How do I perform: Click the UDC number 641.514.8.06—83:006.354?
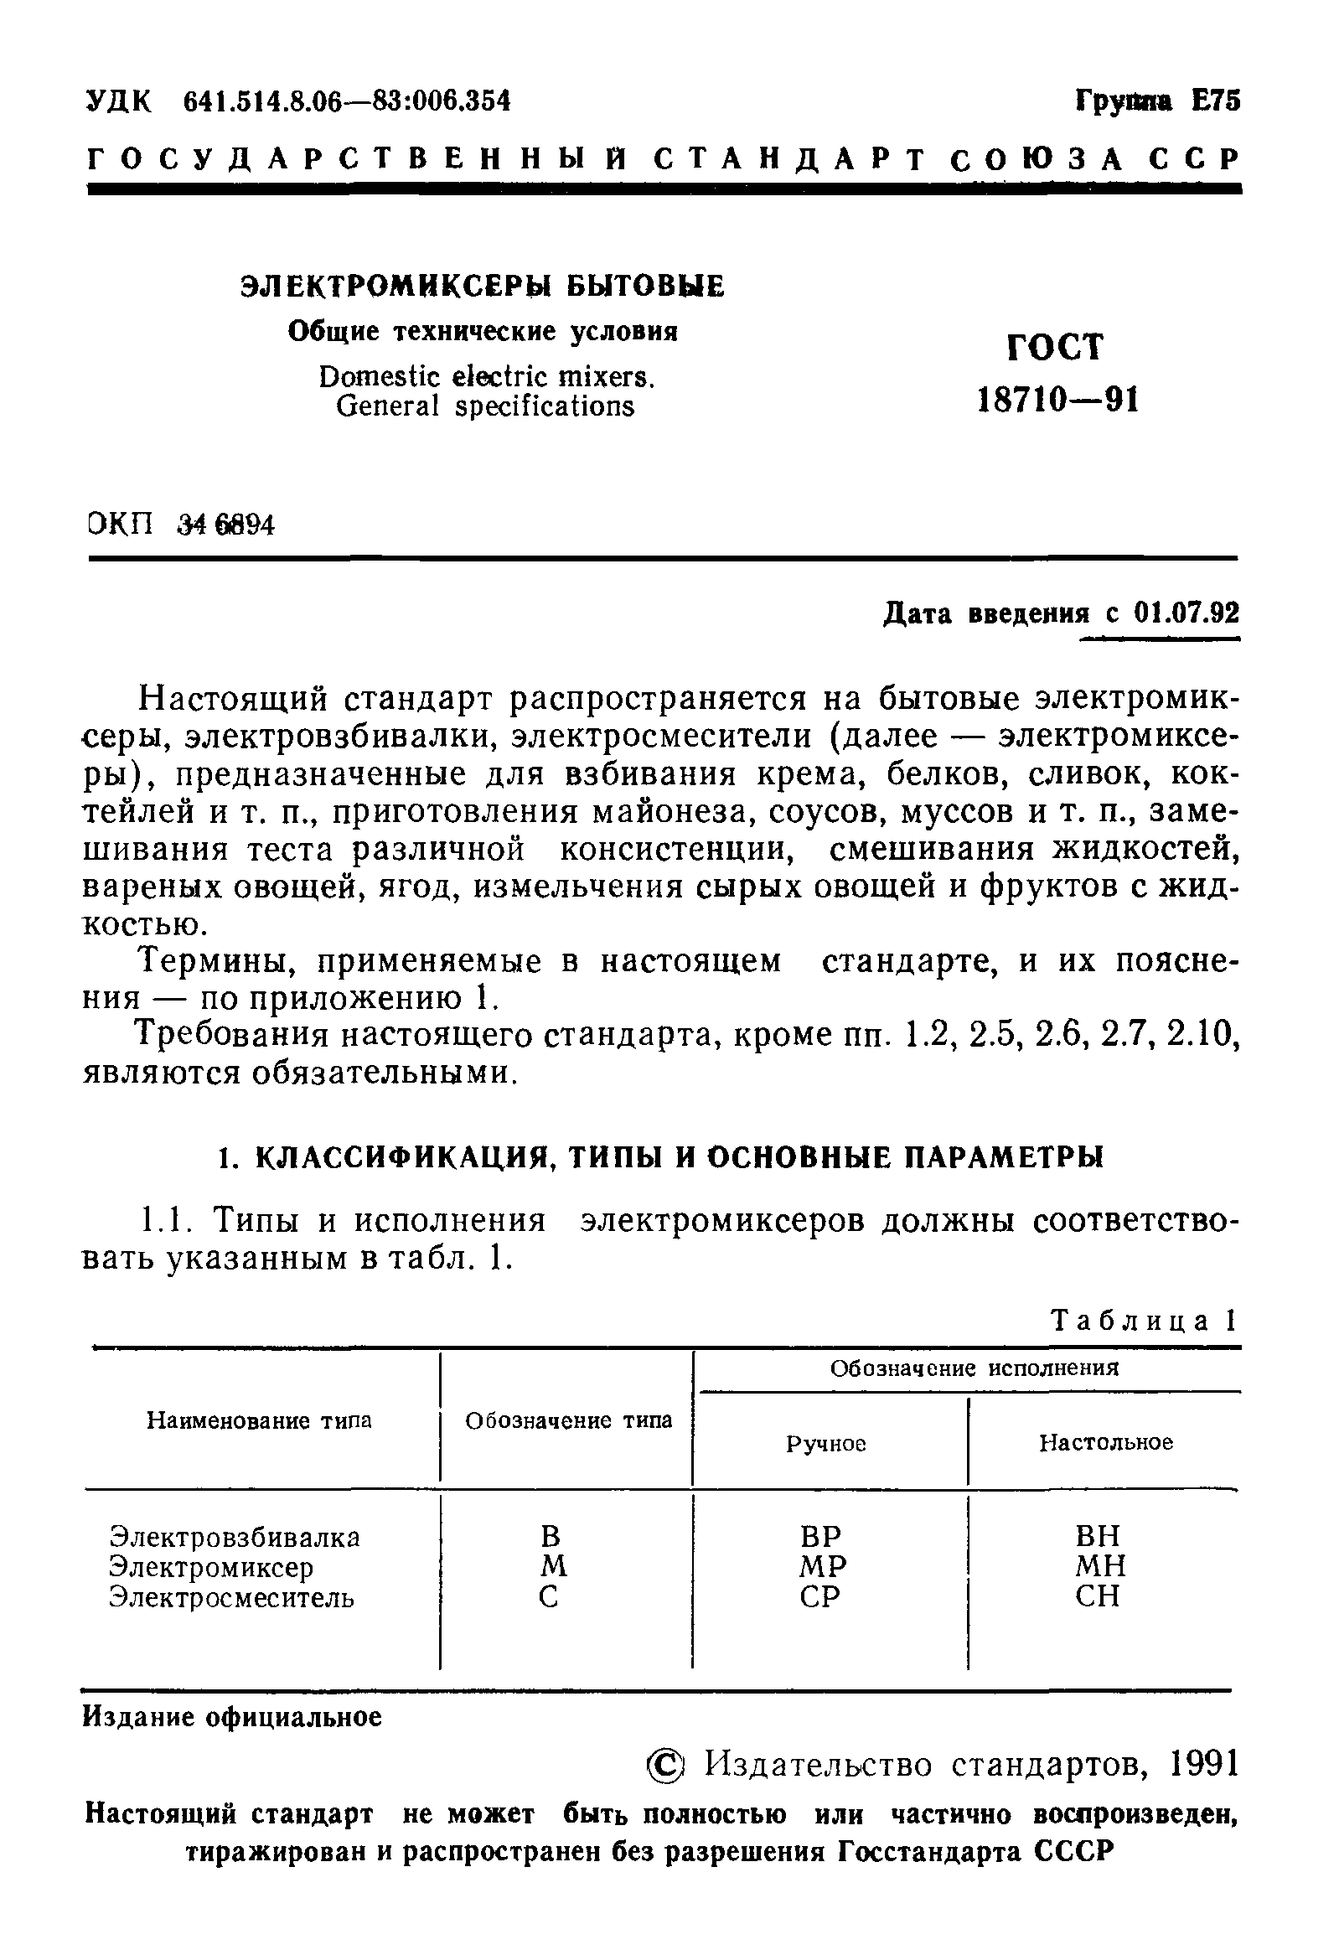347,101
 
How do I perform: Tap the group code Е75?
1215,101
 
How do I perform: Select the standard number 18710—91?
1058,401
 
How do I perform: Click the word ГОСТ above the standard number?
1055,347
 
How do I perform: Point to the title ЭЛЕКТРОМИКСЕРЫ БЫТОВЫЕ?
482,286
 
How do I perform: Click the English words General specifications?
484,406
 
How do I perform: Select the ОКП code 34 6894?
225,525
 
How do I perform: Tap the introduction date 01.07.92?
1186,613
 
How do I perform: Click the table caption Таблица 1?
1143,1321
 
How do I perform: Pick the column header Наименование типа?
259,1421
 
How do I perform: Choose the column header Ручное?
826,1444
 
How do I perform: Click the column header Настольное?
1106,1443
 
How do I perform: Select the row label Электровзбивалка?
235,1537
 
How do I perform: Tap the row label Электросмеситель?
232,1596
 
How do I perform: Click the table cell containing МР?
822,1566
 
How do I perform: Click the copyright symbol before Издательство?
667,1766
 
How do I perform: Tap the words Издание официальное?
232,1717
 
